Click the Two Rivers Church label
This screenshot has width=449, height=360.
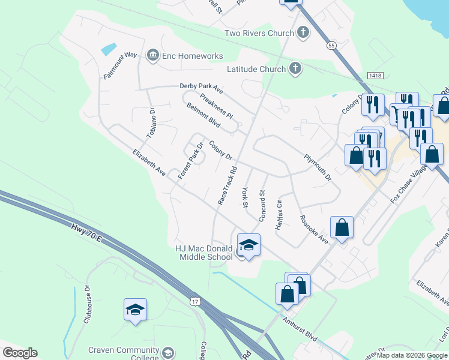(259, 33)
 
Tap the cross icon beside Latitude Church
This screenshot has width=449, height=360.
(295, 69)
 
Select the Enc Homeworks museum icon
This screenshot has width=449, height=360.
(152, 56)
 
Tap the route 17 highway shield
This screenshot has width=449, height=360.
(194, 299)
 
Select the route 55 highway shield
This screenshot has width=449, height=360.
(331, 46)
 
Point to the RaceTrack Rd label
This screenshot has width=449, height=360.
(226, 185)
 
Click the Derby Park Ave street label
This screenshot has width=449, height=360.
(201, 88)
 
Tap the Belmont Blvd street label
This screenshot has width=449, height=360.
(204, 112)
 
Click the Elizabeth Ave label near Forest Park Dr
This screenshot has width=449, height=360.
(149, 163)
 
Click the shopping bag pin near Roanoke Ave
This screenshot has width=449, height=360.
(342, 227)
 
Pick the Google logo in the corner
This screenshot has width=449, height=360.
(20, 353)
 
